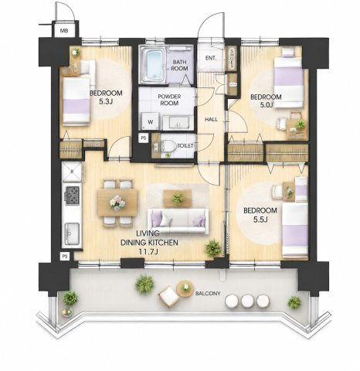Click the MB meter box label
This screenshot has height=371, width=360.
pyautogui.click(x=64, y=31)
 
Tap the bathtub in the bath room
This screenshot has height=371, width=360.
pyautogui.click(x=154, y=65)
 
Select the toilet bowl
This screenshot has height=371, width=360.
pyautogui.click(x=169, y=146)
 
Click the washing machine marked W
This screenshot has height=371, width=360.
pyautogui.click(x=151, y=121)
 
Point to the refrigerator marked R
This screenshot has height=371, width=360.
pyautogui.click(x=72, y=172)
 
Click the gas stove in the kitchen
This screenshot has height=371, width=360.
pyautogui.click(x=73, y=195)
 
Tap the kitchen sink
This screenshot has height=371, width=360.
pyautogui.click(x=72, y=233)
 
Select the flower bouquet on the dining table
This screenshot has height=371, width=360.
pyautogui.click(x=117, y=203)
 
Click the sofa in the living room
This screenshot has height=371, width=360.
pyautogui.click(x=178, y=221)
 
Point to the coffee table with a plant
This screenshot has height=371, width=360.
pyautogui.click(x=178, y=199)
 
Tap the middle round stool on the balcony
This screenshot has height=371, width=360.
pyautogui.click(x=247, y=301)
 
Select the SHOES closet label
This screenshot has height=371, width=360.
pyautogui.click(x=232, y=58)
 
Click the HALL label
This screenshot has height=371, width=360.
pyautogui.click(x=211, y=120)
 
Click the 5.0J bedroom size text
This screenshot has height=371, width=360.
pyautogui.click(x=266, y=104)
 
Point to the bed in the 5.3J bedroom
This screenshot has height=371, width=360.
pyautogui.click(x=76, y=101)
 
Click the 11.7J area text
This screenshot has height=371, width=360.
pyautogui.click(x=148, y=252)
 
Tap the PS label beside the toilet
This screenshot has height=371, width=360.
pyautogui.click(x=144, y=138)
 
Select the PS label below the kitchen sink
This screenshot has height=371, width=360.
pyautogui.click(x=65, y=257)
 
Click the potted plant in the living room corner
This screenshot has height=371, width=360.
pyautogui.click(x=212, y=248)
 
